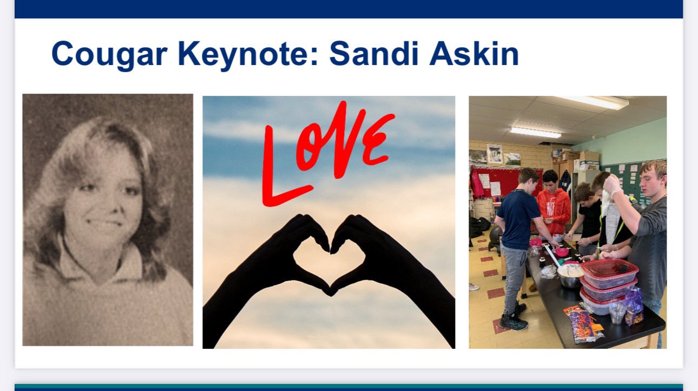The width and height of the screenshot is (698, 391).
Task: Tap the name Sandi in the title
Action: (x=373, y=53)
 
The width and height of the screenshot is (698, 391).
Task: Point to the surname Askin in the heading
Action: (x=474, y=53)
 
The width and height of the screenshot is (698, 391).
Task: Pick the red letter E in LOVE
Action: (x=378, y=140)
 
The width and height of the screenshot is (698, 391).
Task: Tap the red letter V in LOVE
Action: (x=346, y=140)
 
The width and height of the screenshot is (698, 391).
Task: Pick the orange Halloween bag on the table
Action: (x=583, y=324)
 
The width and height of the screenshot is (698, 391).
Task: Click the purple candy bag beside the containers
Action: (x=633, y=305)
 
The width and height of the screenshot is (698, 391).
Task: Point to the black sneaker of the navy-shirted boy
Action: (x=512, y=322)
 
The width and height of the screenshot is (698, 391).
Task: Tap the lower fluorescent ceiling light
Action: (x=535, y=132)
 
